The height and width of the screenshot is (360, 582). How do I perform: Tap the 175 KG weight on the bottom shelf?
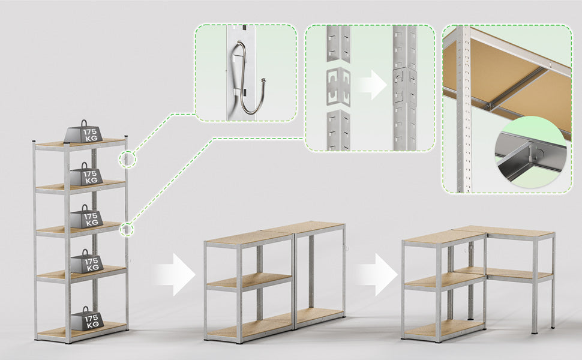(87, 319)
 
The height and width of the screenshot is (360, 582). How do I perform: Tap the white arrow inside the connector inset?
(373, 85)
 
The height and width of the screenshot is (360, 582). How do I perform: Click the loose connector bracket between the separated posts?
(338, 86)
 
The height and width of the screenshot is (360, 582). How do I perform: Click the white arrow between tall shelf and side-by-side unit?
(175, 275)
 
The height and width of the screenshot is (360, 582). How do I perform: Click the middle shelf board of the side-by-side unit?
(250, 281)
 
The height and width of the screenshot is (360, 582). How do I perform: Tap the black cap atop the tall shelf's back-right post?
(126, 137)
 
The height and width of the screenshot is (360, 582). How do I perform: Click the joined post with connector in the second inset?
(405, 88)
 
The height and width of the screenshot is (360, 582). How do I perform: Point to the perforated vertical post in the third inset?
(464, 109)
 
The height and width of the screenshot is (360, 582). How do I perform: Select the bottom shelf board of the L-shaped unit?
(444, 328)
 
